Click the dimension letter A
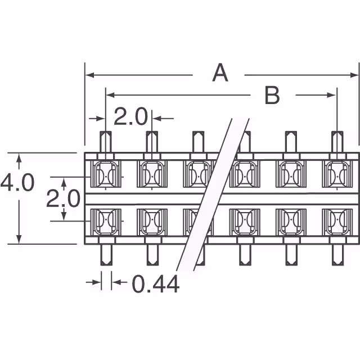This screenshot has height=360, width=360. (220, 74)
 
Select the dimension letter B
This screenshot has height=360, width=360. (272, 96)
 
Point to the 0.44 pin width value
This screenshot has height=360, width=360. (156, 285)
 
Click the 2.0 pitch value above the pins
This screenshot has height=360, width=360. (130, 118)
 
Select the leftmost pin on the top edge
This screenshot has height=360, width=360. (106, 142)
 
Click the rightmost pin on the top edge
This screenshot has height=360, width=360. (337, 142)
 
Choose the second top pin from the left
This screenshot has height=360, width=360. (152, 142)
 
